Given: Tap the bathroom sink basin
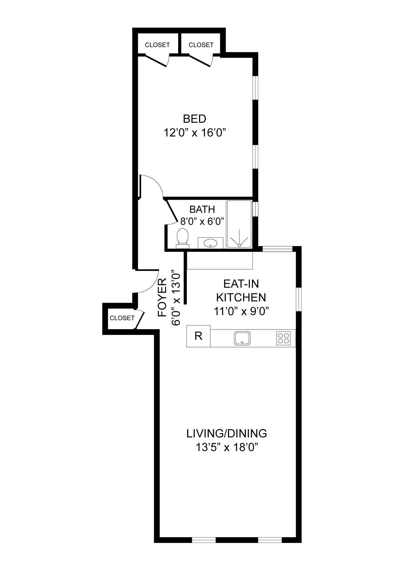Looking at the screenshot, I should pyautogui.click(x=210, y=243).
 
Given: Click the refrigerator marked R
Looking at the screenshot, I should pyautogui.click(x=198, y=336).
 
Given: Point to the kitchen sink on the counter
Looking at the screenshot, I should pyautogui.click(x=242, y=338).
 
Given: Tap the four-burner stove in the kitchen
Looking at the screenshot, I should pyautogui.click(x=283, y=338).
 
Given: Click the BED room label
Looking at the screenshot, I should pyautogui.click(x=194, y=119).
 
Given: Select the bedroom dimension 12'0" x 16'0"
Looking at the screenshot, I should pyautogui.click(x=193, y=133).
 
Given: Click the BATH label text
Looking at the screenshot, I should pyautogui.click(x=202, y=209).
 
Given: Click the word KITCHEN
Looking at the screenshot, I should pyautogui.click(x=241, y=297).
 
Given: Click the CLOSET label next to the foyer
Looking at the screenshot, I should pyautogui.click(x=122, y=318).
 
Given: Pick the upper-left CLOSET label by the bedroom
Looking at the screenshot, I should pyautogui.click(x=157, y=45).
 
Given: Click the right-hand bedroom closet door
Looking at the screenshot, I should pyautogui.click(x=200, y=61).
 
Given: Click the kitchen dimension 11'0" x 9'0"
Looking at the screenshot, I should pyautogui.click(x=241, y=311).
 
